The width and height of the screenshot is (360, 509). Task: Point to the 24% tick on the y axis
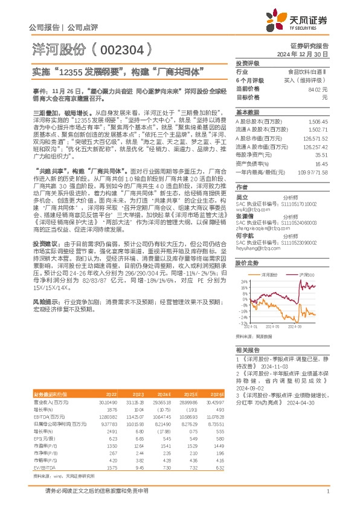coord(243,282)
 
